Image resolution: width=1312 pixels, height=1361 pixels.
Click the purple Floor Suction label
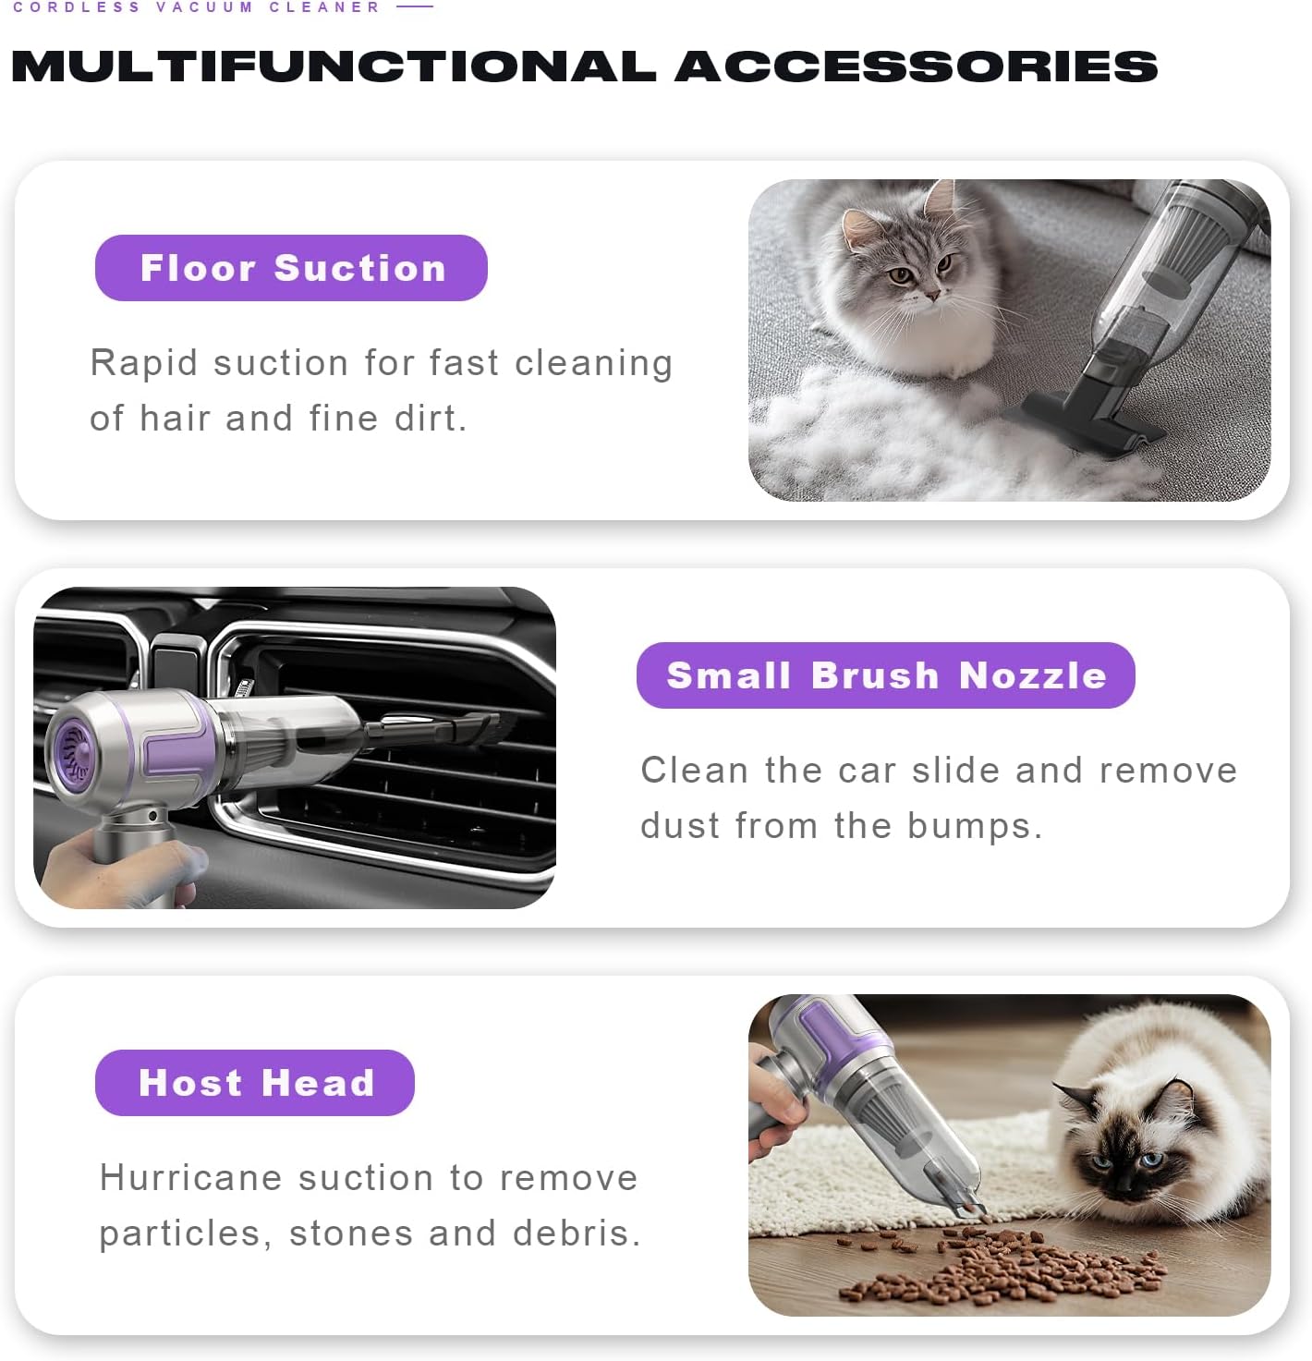291,268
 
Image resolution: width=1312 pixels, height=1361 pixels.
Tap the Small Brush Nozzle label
885,675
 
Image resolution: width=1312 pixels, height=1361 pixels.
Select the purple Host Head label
255,1083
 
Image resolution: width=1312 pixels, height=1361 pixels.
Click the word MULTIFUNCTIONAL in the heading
333,67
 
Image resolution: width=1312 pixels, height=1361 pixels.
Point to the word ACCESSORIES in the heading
916,67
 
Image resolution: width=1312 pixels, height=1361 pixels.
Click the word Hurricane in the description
189,1178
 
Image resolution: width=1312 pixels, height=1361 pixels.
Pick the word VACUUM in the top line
204,7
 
